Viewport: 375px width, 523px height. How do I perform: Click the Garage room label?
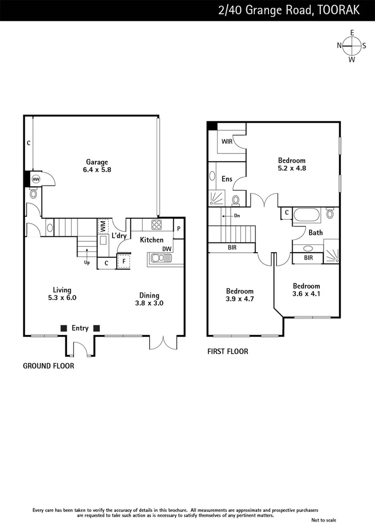[97, 162]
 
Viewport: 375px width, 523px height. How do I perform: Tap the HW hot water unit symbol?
[36, 179]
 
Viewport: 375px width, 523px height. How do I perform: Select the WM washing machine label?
[103, 226]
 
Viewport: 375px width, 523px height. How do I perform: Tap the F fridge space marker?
[124, 261]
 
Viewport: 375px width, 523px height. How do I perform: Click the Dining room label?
[149, 295]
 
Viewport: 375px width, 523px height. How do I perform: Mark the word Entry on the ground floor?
[80, 328]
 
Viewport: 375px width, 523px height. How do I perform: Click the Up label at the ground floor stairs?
[87, 262]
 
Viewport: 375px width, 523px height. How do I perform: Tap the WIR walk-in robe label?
[227, 142]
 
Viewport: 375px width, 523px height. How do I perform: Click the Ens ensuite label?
[227, 179]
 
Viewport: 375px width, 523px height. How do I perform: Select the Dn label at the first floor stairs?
[237, 216]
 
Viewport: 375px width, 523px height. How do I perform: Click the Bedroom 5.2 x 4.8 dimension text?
[292, 169]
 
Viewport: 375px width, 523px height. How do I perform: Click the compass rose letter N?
[340, 46]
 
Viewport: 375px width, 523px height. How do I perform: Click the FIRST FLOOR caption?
[228, 352]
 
